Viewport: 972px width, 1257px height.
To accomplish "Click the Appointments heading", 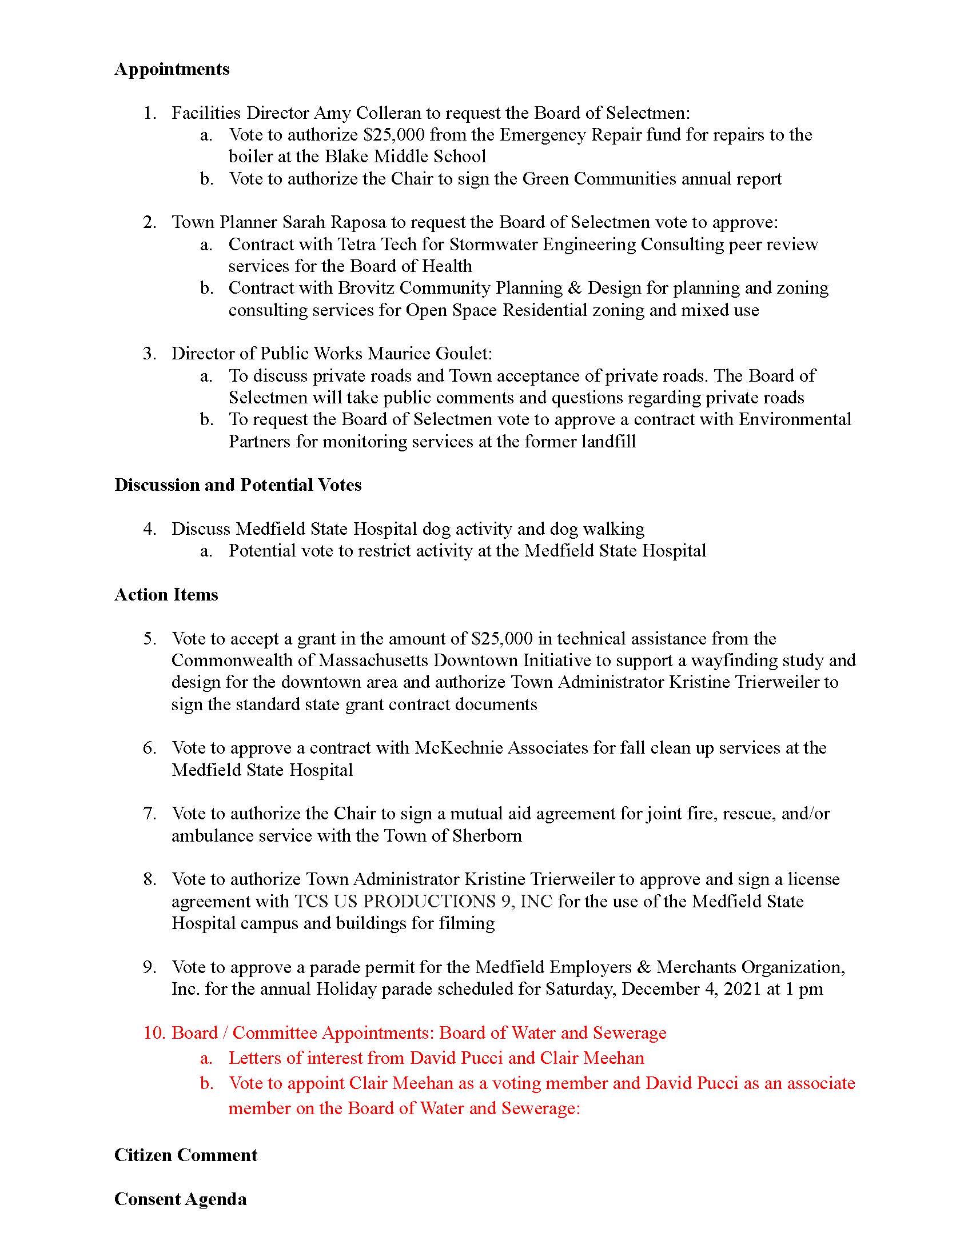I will (172, 69).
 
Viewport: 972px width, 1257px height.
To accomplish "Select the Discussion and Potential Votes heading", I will (238, 485).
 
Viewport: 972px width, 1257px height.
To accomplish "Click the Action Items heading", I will (166, 595).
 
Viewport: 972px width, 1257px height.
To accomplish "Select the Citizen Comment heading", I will (185, 1155).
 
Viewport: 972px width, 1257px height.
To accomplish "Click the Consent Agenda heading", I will (180, 1199).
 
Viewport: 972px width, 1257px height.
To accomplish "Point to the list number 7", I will (149, 814).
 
